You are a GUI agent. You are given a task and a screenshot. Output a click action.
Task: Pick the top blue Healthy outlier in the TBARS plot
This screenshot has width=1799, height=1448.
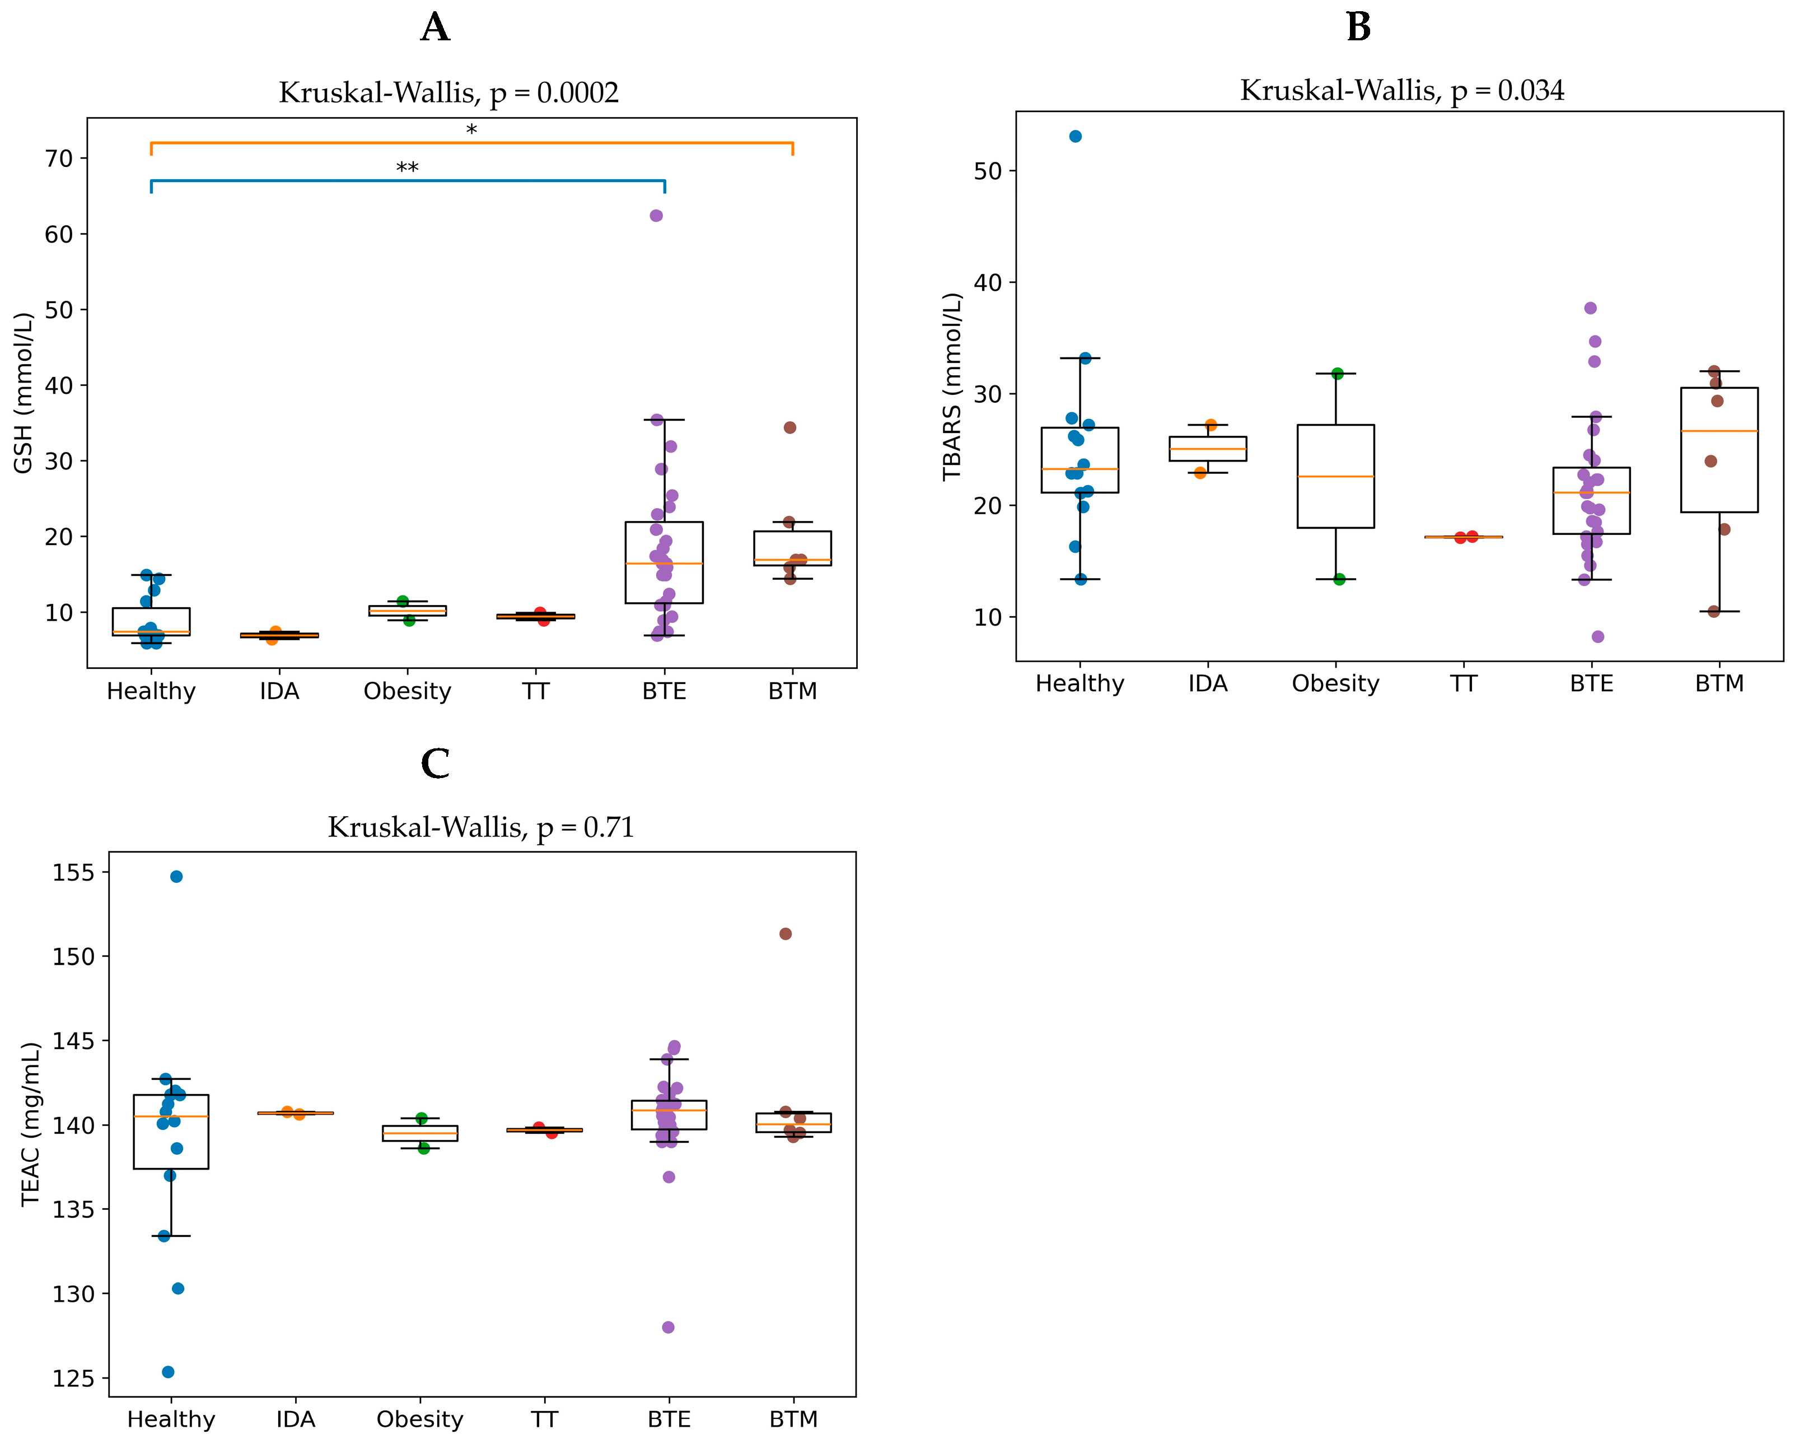click(x=1076, y=136)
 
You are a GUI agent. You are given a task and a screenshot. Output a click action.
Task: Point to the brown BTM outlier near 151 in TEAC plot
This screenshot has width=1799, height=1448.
click(x=785, y=934)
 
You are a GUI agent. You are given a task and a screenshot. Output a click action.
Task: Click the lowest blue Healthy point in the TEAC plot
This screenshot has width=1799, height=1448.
click(x=168, y=1372)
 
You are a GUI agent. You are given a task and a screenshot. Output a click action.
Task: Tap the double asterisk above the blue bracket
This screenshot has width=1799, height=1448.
click(x=407, y=169)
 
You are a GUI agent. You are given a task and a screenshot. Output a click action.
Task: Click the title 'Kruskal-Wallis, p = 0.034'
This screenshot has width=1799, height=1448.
click(x=1402, y=90)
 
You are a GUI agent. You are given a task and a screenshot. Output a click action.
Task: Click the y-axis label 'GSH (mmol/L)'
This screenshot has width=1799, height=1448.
click(x=24, y=392)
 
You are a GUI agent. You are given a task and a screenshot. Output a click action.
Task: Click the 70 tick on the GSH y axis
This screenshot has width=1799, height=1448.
click(x=59, y=159)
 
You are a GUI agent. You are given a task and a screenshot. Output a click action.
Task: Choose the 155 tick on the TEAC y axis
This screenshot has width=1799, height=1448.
click(x=73, y=873)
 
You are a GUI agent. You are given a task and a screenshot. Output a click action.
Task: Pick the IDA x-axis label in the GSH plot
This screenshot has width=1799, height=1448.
click(x=279, y=691)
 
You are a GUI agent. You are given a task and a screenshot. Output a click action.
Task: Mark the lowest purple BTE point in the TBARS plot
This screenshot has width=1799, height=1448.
click(x=1598, y=637)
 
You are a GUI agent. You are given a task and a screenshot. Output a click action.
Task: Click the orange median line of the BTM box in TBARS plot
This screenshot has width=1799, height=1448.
click(x=1719, y=431)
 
